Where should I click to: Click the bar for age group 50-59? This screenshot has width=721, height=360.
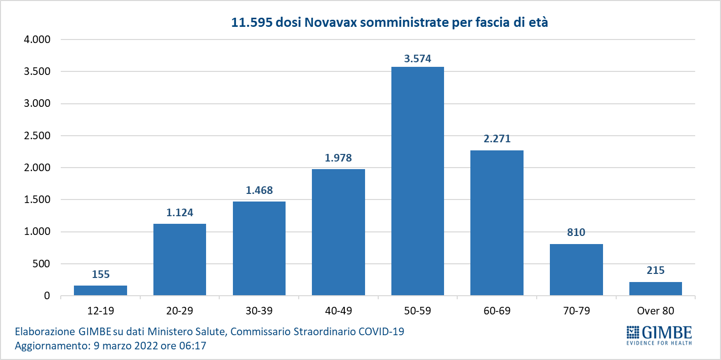418,181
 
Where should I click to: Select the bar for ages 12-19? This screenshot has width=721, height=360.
100,290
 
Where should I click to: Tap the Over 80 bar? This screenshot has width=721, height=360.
655,289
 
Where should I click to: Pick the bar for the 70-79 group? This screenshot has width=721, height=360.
576,269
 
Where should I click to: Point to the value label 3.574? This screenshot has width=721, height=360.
418,59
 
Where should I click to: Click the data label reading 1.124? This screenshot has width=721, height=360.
180,213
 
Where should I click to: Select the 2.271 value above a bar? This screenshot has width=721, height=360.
497,139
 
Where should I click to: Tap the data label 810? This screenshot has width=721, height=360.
576,232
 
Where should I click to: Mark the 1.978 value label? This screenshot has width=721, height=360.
338,157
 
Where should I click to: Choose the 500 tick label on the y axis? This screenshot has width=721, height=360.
42,264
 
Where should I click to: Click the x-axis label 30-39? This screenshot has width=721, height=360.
259,310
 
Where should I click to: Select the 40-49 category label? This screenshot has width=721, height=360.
338,310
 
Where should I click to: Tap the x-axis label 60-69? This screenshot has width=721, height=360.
497,310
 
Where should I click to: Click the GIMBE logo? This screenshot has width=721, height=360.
659,334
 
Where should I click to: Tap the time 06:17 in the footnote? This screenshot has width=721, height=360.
193,346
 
